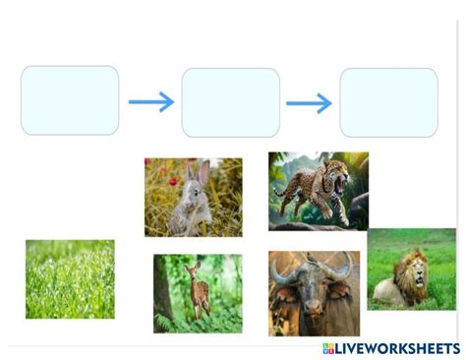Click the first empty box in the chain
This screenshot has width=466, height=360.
click(70, 100)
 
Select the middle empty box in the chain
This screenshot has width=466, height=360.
click(231, 101)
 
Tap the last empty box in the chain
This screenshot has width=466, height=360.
click(388, 101)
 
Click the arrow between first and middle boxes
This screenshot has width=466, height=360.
click(150, 101)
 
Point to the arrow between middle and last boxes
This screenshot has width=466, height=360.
click(309, 102)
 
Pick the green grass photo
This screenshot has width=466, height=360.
click(70, 279)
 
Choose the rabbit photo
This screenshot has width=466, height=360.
click(193, 197)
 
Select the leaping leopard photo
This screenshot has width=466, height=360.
click(318, 191)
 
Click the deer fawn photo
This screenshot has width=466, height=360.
click(198, 293)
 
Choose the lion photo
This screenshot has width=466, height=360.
click(411, 270)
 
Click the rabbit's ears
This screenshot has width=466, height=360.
click(197, 173)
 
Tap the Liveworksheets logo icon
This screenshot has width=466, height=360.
click(329, 349)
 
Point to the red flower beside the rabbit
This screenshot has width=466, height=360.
click(173, 181)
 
